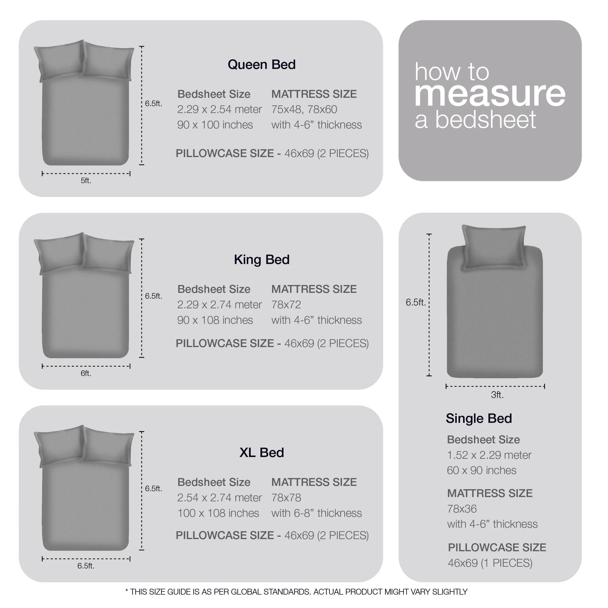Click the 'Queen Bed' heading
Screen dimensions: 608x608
(261, 65)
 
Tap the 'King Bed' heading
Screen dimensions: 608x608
(261, 260)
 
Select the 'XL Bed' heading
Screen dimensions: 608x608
(261, 452)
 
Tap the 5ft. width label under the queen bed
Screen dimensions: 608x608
(86, 181)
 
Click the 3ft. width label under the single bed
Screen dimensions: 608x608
(497, 395)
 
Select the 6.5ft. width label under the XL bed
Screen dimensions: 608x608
(86, 566)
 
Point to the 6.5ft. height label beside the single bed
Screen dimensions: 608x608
(415, 302)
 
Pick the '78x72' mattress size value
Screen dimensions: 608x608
(286, 305)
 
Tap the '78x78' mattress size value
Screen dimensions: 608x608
(286, 498)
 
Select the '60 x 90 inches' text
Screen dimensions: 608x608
(482, 470)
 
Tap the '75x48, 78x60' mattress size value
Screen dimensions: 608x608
(304, 109)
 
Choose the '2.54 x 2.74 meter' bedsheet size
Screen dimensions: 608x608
(219, 498)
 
